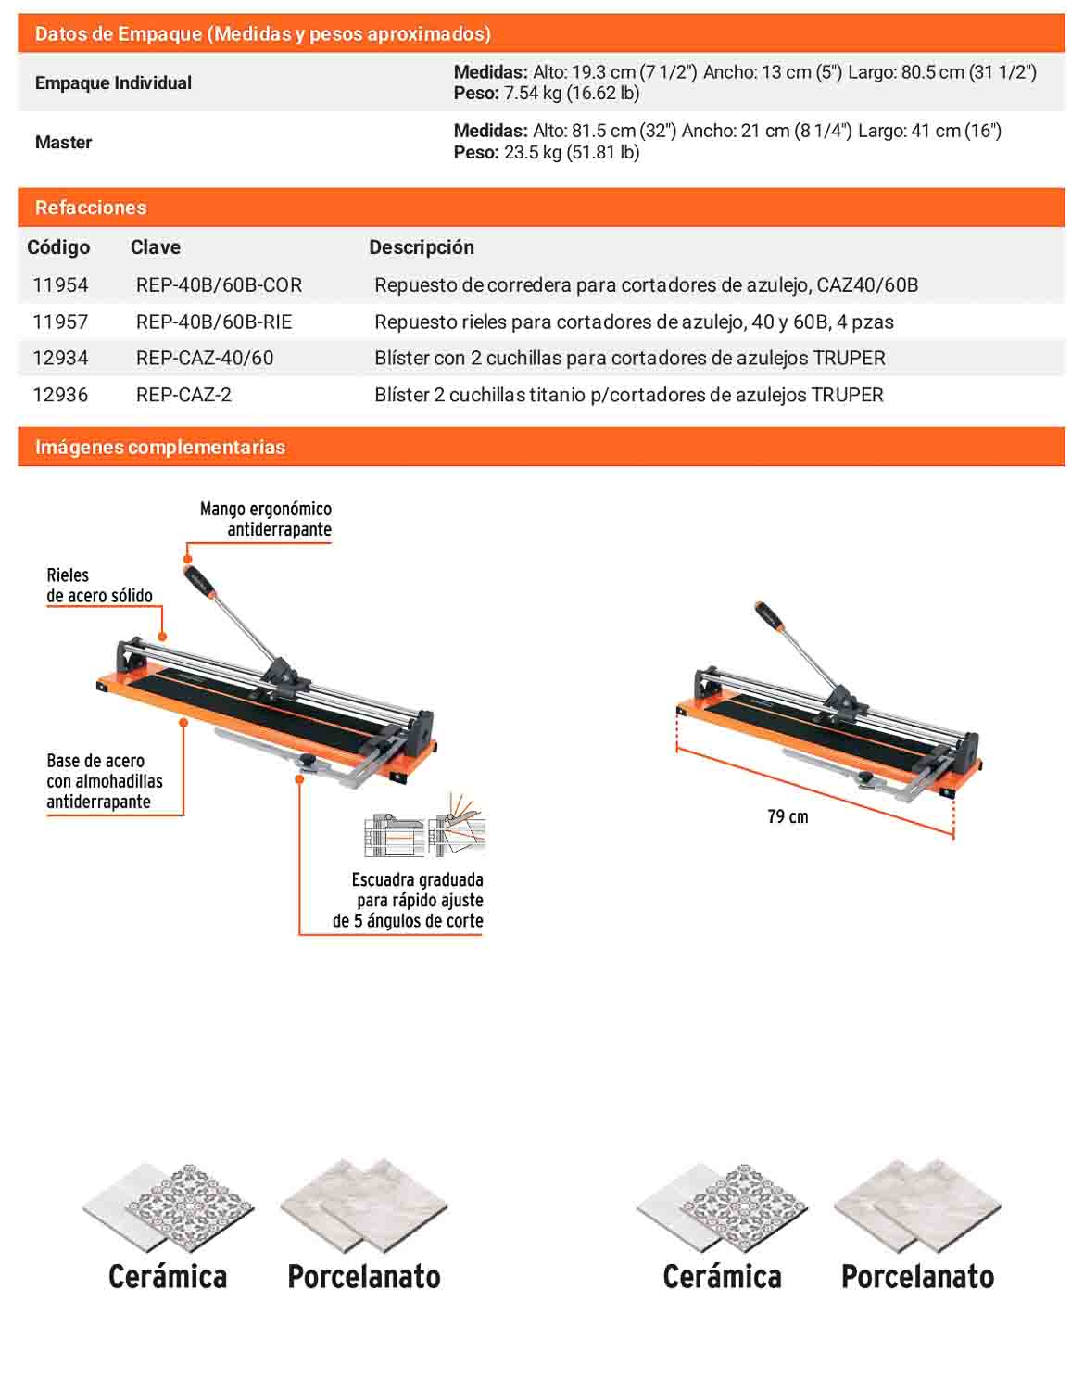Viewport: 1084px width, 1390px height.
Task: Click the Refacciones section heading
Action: pos(91,208)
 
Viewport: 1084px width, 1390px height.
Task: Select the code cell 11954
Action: pos(61,284)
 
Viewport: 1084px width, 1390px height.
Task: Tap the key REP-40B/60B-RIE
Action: pos(214,322)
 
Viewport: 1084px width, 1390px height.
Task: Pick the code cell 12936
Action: pos(61,395)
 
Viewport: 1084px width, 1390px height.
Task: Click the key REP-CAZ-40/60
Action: pos(205,358)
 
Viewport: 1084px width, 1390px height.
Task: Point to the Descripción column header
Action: pos(422,246)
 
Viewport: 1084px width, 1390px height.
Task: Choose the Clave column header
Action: pos(156,246)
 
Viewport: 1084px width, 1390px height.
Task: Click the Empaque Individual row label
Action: pos(113,83)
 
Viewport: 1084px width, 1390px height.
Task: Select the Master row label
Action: pos(63,142)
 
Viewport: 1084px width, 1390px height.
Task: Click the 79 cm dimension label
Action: pos(788,817)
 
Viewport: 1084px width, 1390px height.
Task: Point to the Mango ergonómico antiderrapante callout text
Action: pos(266,519)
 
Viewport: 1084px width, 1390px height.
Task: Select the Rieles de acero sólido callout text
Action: pos(100,586)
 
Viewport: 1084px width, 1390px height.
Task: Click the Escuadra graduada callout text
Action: pos(408,900)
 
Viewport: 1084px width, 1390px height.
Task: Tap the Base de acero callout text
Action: pos(105,781)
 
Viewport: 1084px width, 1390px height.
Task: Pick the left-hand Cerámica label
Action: pos(168,1277)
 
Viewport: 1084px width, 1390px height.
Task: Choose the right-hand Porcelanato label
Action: pos(918,1277)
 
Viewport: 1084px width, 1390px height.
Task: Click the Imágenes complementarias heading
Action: pos(160,448)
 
